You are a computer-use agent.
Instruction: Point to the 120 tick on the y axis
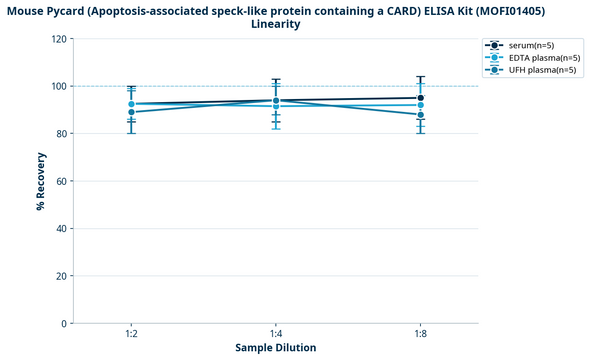(59, 39)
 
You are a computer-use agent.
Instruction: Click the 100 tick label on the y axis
(59, 87)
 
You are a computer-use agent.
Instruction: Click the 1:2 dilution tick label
(131, 333)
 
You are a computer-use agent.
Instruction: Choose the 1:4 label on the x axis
(276, 333)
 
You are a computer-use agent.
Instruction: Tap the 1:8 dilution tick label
(421, 333)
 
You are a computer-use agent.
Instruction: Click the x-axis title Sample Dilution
(276, 348)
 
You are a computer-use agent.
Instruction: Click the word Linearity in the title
(276, 24)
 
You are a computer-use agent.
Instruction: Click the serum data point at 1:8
(421, 98)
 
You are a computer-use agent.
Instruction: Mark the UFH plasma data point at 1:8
(421, 115)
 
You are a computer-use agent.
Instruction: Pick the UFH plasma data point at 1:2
(131, 112)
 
